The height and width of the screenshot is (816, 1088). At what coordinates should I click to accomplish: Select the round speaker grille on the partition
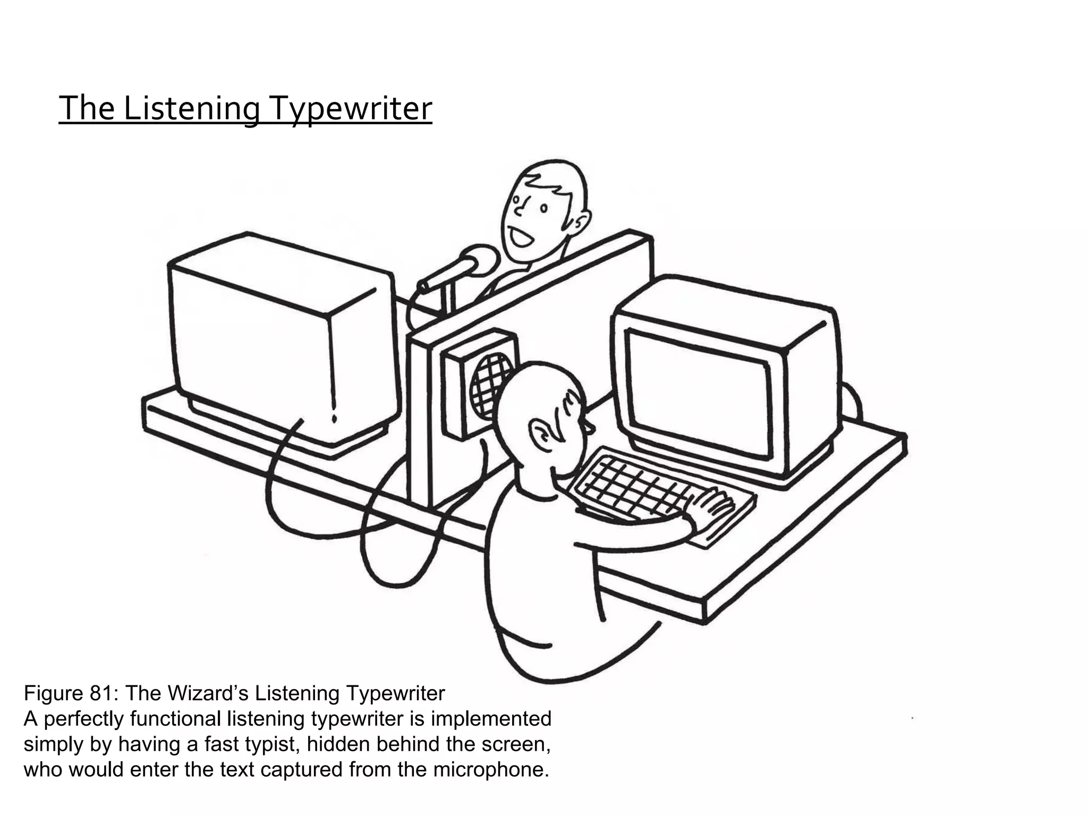point(491,384)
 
